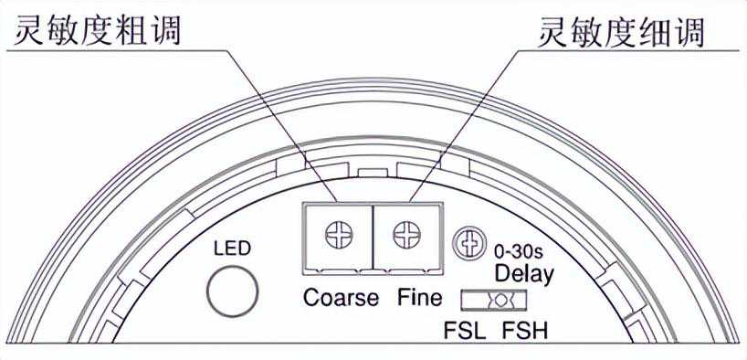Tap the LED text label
232,249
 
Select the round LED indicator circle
233,291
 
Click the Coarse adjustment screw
339,235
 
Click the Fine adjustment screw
407,235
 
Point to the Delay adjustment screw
466,243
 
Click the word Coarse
342,298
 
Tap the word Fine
420,298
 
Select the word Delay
524,275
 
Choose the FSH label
525,331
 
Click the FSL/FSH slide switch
494,301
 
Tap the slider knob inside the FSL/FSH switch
500,301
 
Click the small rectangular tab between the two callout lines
373,172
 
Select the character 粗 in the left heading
132,30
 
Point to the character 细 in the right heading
655,32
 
